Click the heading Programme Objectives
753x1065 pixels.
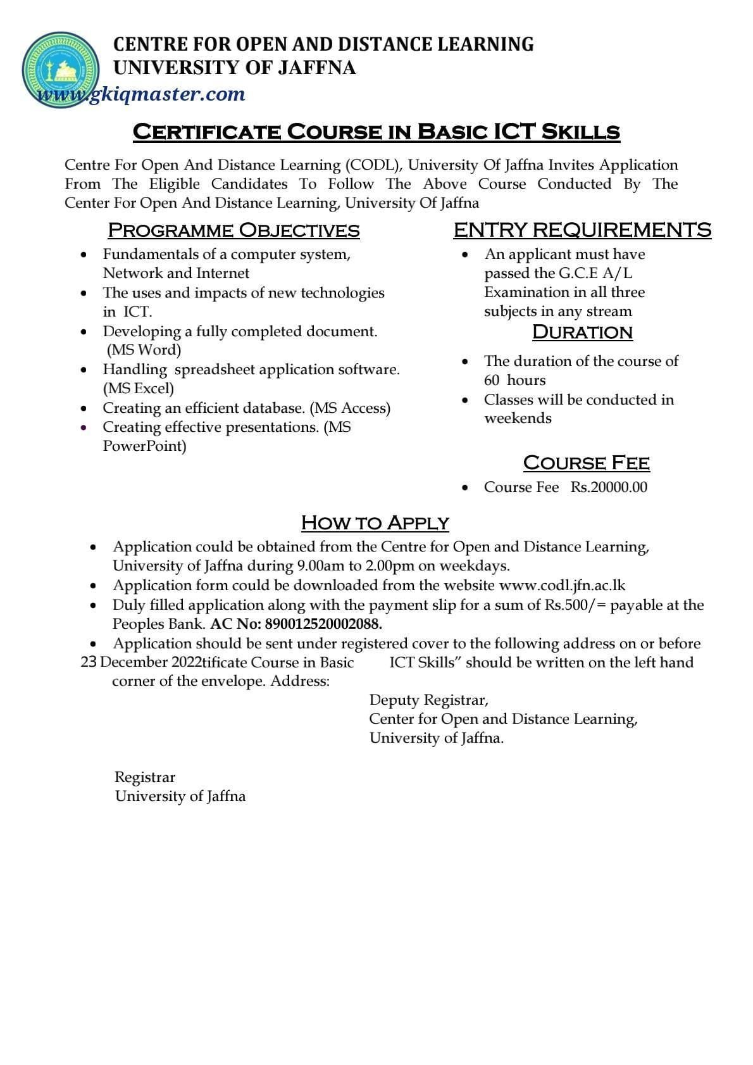click(233, 230)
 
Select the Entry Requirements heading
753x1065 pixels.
click(582, 230)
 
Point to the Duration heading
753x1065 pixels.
click(582, 332)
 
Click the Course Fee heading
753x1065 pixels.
click(586, 463)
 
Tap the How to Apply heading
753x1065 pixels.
click(375, 523)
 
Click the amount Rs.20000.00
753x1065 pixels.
click(609, 487)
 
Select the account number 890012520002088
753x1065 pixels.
click(323, 624)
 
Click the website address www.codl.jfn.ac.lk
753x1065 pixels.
click(562, 585)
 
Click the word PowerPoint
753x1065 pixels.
click(145, 446)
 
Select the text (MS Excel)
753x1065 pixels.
click(139, 388)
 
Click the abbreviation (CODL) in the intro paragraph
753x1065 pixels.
click(373, 165)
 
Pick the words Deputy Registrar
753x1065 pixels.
click(428, 700)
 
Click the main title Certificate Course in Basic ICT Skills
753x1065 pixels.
click(376, 132)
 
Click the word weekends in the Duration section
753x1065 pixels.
click(518, 418)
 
